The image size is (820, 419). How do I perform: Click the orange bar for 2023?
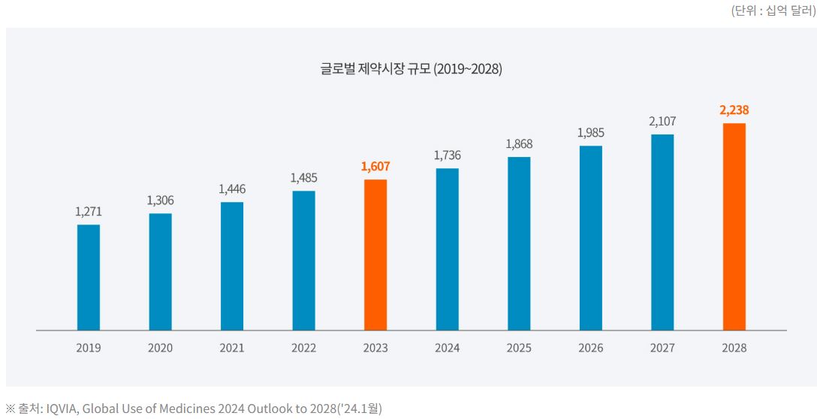pos(375,255)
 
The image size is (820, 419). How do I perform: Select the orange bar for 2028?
pos(734,226)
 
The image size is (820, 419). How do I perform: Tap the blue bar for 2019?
pos(89,277)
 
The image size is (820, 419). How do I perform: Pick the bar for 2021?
pos(232,266)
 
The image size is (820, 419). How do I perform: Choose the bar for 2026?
pos(591,237)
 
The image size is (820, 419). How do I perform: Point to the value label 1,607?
pos(375,167)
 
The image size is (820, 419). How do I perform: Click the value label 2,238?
pos(734,110)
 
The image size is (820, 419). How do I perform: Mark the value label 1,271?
pos(89,212)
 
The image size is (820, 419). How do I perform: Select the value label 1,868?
pos(519,144)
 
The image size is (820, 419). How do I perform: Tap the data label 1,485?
pos(304,178)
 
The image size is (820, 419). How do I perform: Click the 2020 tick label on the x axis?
pos(160,348)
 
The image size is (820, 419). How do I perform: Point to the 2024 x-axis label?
pos(448,348)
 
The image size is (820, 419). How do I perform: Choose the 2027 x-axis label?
pos(662,348)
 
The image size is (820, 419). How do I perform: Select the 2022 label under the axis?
pos(304,348)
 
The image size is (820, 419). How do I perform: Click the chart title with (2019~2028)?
pos(411,69)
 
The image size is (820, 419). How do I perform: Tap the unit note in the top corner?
pos(773,11)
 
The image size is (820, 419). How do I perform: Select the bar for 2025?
pos(519,243)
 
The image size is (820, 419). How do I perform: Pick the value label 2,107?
pos(662,122)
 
